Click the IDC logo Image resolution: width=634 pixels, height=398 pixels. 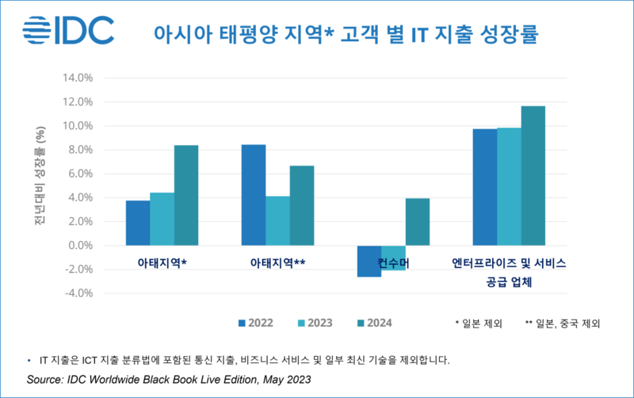68,32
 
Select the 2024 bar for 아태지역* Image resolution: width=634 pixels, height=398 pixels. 186,195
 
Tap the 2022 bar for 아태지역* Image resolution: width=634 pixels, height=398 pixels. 138,223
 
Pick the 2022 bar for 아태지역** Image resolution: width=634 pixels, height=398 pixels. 254,195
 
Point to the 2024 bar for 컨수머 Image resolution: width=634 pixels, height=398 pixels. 417,221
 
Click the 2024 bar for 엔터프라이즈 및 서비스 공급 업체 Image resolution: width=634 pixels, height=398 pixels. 533,175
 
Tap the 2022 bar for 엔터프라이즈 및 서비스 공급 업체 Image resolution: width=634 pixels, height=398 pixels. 484,187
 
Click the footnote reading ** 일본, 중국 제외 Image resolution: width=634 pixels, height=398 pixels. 562,323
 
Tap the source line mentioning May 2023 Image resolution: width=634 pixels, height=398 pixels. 169,380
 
